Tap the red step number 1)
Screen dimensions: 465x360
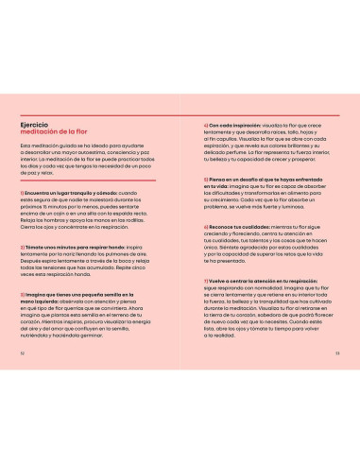(x=22, y=192)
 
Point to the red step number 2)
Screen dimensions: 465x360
(x=22, y=246)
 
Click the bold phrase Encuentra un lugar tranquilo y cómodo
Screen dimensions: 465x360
(x=66, y=192)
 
